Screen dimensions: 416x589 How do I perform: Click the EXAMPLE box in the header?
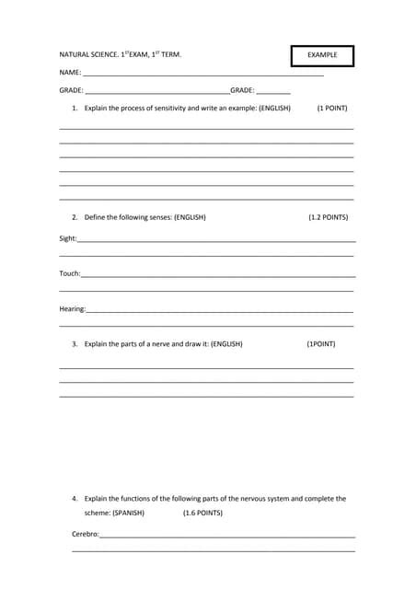point(322,55)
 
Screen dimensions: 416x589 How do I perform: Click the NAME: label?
point(70,72)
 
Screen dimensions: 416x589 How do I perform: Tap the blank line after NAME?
point(202,73)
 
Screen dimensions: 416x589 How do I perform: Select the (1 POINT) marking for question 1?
point(331,109)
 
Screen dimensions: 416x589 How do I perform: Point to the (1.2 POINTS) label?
point(328,218)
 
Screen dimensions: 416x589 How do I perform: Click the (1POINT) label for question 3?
point(321,344)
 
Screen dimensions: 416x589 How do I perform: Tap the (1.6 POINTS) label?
point(202,513)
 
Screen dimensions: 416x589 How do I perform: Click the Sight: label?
point(68,238)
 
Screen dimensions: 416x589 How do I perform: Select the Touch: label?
point(70,273)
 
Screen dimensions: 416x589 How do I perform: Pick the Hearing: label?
point(73,309)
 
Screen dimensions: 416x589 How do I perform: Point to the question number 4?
point(74,499)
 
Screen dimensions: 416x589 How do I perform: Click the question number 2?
point(74,218)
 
